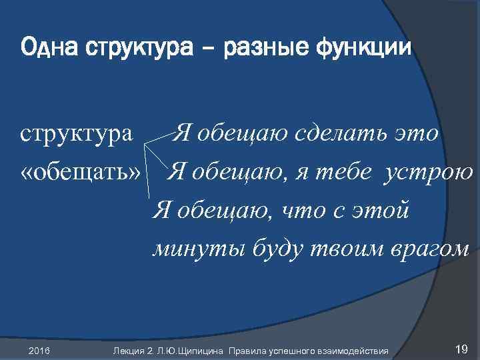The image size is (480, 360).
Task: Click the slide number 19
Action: tap(459, 349)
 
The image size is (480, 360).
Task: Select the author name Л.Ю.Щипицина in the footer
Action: tap(189, 350)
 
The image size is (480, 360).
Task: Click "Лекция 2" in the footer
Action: tap(132, 350)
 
